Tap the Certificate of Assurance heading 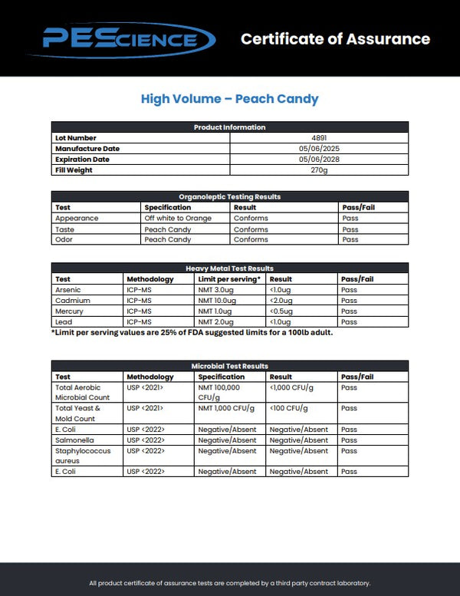335,39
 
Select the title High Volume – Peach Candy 229,99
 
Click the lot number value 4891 319,138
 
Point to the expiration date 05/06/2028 319,160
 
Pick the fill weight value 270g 319,170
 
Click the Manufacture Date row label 87,149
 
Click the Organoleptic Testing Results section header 229,197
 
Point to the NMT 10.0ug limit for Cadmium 218,301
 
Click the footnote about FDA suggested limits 192,332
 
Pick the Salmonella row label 74,440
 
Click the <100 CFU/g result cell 287,408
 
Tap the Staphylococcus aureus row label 83,456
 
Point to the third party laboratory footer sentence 229,584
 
